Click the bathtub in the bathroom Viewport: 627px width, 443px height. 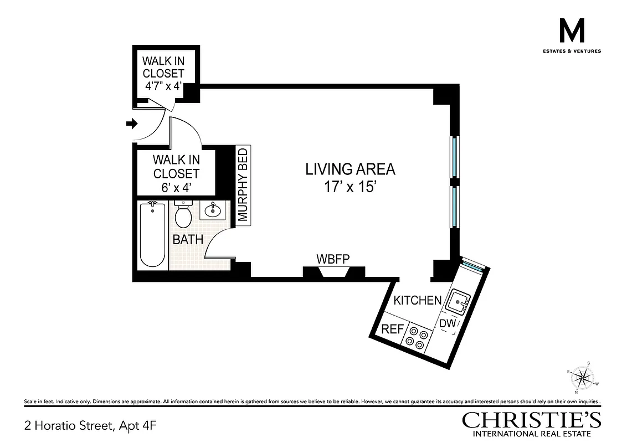pyautogui.click(x=152, y=235)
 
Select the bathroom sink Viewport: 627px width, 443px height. pyautogui.click(x=212, y=210)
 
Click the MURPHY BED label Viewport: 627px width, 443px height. pyautogui.click(x=244, y=185)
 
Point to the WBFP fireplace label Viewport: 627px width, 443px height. pyautogui.click(x=333, y=259)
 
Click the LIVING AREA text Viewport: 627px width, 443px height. pyautogui.click(x=351, y=169)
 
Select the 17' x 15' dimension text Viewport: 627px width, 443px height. pyautogui.click(x=351, y=186)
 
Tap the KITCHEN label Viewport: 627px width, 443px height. pyautogui.click(x=417, y=301)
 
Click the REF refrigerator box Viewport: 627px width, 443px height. pyautogui.click(x=392, y=328)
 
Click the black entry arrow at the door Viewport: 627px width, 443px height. pyautogui.click(x=132, y=123)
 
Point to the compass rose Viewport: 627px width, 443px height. pyautogui.click(x=581, y=378)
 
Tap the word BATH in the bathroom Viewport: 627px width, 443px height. pyautogui.click(x=188, y=240)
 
